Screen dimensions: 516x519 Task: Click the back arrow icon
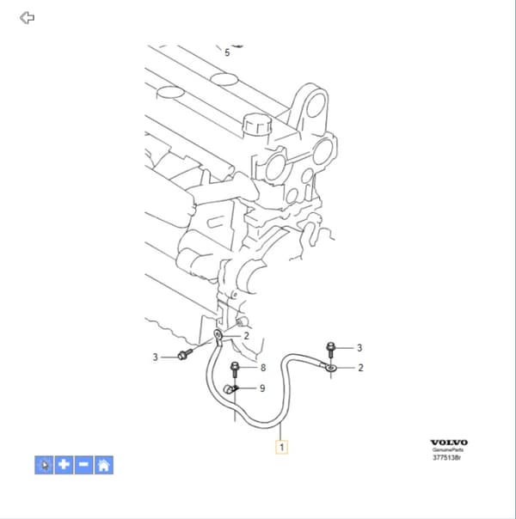point(27,17)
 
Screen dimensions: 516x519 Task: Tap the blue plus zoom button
point(64,465)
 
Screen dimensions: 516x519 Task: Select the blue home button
point(104,465)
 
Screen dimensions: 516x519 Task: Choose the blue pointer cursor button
point(44,465)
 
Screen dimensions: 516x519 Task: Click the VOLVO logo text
point(449,443)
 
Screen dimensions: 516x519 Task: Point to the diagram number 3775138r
point(447,458)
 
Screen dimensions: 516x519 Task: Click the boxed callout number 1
point(281,447)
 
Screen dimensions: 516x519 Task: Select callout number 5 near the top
point(227,52)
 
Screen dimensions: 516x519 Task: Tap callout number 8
point(263,368)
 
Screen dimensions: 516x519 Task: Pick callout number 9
point(262,388)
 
